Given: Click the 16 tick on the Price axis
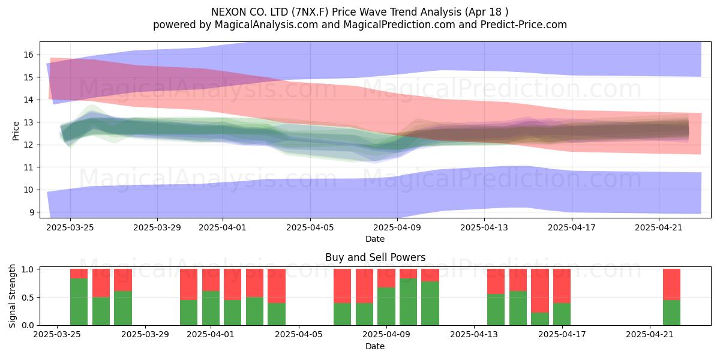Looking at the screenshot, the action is (x=28, y=55).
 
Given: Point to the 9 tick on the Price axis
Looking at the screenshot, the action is (x=31, y=212).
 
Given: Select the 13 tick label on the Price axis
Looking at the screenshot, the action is (x=28, y=122).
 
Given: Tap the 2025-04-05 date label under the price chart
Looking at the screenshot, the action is (x=310, y=227).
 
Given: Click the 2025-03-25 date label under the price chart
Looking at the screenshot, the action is (x=70, y=227).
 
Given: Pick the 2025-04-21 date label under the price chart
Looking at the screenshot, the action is (x=659, y=227).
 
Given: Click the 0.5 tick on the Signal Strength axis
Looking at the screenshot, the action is (x=28, y=298).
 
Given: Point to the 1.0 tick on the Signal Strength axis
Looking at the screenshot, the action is (x=28, y=269).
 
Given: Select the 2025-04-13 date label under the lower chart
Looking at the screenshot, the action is (x=474, y=335).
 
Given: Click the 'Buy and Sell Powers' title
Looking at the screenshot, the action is (x=375, y=257).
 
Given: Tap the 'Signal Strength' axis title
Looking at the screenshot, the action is (x=12, y=296).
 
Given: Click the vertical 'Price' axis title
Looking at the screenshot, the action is (x=16, y=131).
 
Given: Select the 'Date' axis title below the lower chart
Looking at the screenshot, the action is (x=375, y=346).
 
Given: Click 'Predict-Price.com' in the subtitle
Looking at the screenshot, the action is (x=524, y=25).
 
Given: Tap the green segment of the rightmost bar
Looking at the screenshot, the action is (x=672, y=313).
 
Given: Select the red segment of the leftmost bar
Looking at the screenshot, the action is (x=79, y=274).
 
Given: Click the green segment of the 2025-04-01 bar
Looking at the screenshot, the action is (x=211, y=308).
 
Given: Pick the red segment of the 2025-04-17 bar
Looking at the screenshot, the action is (x=562, y=286).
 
